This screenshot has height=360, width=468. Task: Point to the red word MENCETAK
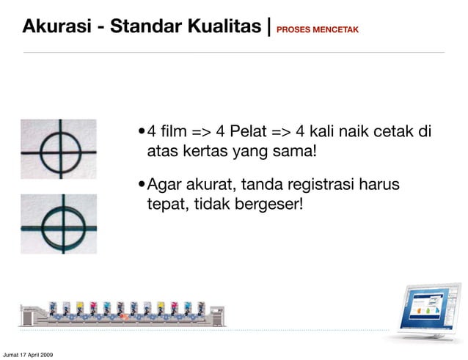(337, 30)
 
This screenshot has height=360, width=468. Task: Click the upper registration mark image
(59, 148)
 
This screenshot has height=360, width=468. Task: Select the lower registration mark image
(59, 223)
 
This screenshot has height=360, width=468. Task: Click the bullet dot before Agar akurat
(142, 184)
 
